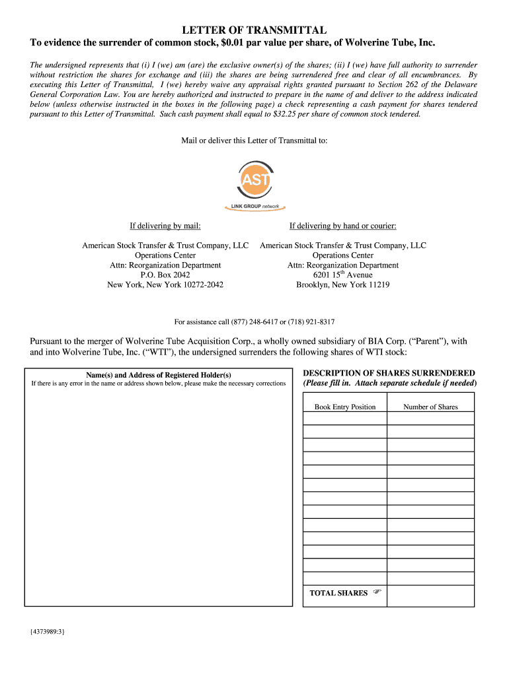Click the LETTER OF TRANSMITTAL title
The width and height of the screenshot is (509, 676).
255,30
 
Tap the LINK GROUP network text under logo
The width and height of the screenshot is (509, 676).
255,207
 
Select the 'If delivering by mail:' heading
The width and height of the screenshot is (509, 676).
165,226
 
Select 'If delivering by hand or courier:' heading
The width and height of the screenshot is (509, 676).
342,226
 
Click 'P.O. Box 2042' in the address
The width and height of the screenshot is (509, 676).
165,275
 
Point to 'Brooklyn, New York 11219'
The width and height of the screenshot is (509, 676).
342,285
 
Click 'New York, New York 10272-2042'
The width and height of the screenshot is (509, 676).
165,285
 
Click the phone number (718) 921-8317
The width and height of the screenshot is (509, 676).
311,321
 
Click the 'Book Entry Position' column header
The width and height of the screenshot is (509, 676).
345,407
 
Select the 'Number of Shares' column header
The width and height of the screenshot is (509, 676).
430,407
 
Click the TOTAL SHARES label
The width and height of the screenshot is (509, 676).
338,593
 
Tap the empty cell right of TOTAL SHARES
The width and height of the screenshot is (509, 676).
430,595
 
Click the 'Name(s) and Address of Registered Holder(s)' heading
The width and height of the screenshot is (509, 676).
159,374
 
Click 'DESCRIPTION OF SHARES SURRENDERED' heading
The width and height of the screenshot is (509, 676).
389,373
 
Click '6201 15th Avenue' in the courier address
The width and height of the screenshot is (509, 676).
342,275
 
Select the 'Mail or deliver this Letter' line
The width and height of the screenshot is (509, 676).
255,140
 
